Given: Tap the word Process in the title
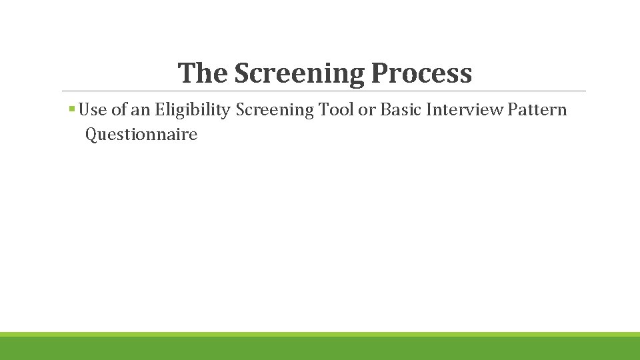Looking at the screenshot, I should tap(421, 73).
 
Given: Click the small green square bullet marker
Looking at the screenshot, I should tap(71, 109).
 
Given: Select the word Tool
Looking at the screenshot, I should tap(337, 109).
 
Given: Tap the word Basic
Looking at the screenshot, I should tap(400, 109).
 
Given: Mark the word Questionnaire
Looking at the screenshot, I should tap(141, 135).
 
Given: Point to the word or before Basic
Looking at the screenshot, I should tap(367, 109).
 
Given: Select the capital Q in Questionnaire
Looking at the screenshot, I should tap(91, 135).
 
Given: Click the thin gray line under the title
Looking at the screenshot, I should tap(324, 91).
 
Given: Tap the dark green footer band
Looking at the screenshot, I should tap(320, 349).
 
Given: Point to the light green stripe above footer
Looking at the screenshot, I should tap(320, 334).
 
